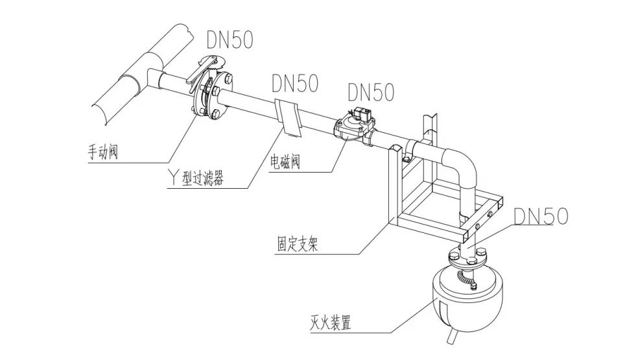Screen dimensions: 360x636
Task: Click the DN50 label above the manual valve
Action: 230,40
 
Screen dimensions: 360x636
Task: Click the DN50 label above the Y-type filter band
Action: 295,83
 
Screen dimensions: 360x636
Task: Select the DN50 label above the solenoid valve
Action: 370,92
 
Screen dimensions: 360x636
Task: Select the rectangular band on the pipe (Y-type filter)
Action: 289,117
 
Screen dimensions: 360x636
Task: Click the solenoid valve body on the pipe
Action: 353,130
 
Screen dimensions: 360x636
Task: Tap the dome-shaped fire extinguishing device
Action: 466,295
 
